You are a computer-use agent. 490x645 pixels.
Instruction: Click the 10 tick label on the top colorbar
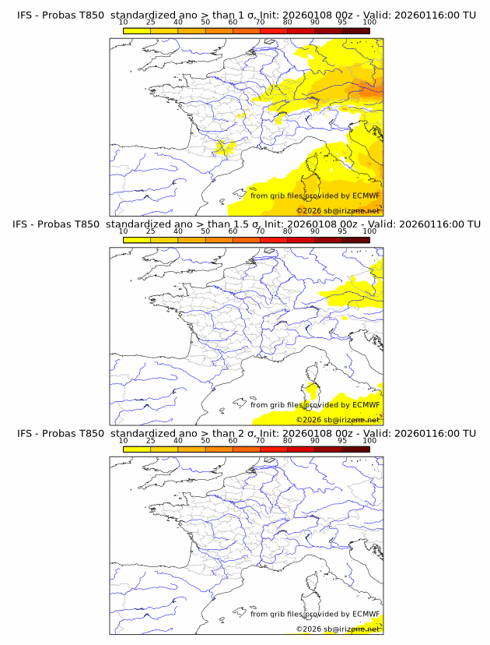(124, 23)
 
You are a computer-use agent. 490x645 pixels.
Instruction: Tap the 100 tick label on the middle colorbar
(369, 231)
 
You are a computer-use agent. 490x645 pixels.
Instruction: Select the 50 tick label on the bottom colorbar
(205, 440)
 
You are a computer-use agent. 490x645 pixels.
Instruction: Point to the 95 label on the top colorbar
(342, 23)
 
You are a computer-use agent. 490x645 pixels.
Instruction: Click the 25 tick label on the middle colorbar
(151, 231)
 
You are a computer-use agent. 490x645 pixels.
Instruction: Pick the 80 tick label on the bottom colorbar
(288, 440)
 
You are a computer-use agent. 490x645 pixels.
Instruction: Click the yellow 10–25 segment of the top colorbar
(137, 30)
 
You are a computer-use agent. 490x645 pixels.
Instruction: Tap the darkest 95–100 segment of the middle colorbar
(355, 239)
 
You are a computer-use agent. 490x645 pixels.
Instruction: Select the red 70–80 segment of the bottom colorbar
(274, 448)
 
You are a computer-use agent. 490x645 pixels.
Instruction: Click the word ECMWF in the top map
(366, 196)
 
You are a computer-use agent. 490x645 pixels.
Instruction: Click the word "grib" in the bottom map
(283, 614)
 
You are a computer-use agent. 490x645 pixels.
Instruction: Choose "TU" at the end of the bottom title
(469, 433)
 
